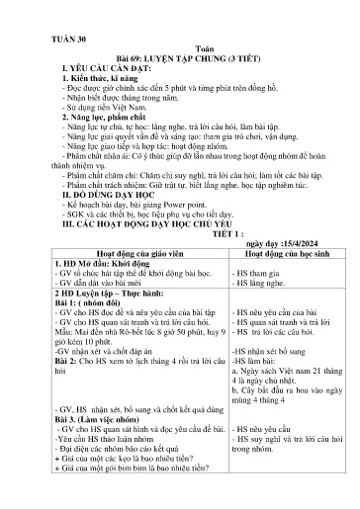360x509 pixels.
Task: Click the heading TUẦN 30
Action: pos(57,42)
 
